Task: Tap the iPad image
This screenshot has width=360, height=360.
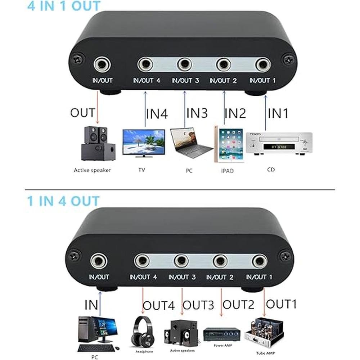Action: point(229,144)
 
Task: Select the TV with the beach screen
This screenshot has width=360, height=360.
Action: point(144,143)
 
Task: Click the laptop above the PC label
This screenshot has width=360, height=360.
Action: point(191,143)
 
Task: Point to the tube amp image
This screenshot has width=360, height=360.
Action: point(265,332)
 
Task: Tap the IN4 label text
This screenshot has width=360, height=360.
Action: point(157,114)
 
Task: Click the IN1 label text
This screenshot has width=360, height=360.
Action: point(278,113)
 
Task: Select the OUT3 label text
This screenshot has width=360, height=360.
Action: point(198,305)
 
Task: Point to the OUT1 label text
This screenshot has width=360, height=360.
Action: point(281,304)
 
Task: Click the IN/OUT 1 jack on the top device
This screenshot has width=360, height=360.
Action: point(263,65)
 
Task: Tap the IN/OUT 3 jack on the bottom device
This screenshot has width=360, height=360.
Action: point(181,261)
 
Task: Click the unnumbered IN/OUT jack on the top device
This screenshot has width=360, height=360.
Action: point(102,64)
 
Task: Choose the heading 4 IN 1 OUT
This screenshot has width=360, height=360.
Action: point(64,5)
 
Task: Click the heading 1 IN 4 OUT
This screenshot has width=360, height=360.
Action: point(63,201)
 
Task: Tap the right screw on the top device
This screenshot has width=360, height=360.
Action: point(289,60)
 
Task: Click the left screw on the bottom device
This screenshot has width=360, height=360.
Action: point(75,256)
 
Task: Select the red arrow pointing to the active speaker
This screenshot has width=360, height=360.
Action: point(98,107)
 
